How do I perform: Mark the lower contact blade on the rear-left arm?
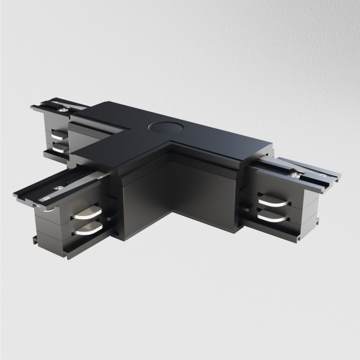pos(59,148)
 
